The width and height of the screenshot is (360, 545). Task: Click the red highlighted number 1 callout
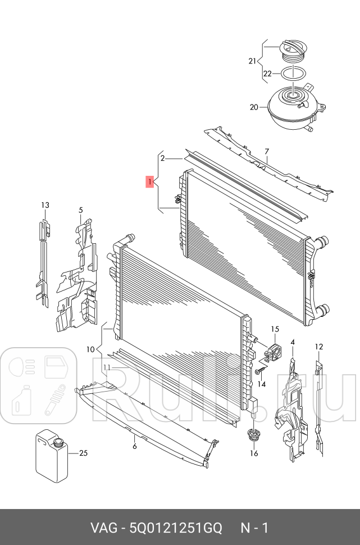tap(149, 181)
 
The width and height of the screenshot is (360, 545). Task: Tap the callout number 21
tap(252, 61)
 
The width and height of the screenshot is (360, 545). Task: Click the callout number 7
tap(267, 151)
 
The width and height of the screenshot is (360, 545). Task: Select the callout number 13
tap(45, 206)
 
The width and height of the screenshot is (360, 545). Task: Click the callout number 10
tap(90, 349)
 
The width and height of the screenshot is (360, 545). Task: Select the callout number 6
tap(135, 447)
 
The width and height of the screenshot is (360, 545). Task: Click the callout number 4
tap(293, 342)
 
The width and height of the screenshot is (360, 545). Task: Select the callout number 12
tap(318, 347)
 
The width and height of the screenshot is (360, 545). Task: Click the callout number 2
tap(162, 159)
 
